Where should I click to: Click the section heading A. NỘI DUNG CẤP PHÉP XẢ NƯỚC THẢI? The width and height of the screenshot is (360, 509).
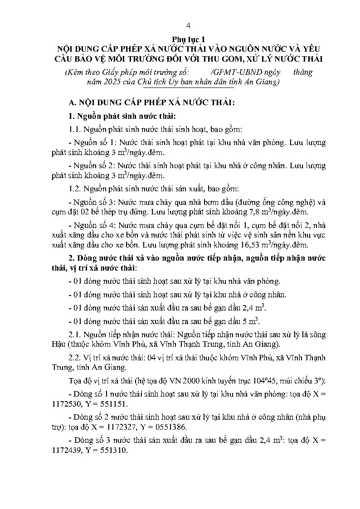click(150, 103)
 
